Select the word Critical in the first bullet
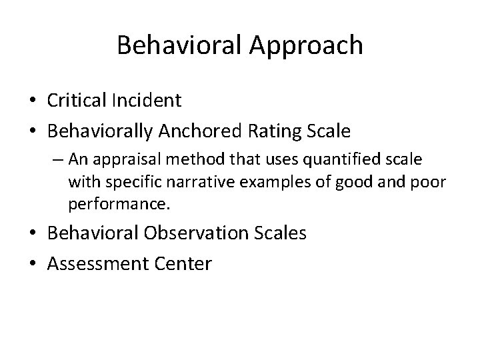tap(75, 101)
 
